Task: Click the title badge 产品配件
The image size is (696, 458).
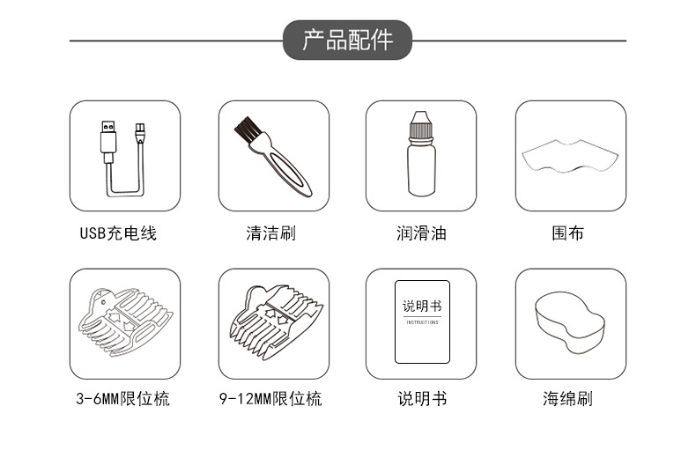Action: coord(347,41)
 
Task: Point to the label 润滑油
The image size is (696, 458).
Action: coord(421,233)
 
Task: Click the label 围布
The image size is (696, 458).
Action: coord(567,233)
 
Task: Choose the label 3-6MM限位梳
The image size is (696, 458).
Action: coord(122,399)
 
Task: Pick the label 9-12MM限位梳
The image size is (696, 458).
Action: coord(270,399)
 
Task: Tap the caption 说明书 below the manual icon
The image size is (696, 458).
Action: coord(421,399)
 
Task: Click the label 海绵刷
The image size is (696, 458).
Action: coord(567,399)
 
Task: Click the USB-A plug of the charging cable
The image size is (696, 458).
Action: coord(107,137)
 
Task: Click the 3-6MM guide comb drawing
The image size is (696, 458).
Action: coord(123,321)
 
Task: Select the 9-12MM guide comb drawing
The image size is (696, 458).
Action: coord(272,321)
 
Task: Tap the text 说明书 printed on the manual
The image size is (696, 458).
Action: coord(421,307)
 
